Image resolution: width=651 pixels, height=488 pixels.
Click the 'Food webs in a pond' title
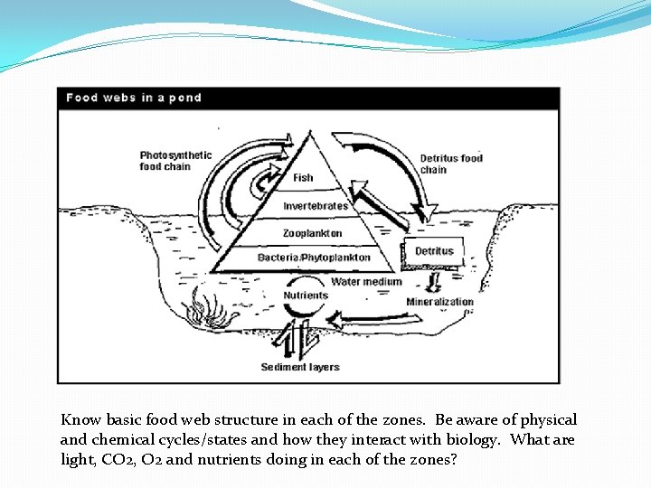click(x=134, y=98)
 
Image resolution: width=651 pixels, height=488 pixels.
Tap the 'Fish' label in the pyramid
click(x=304, y=178)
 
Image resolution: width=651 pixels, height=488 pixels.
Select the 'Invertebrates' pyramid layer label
click(x=315, y=206)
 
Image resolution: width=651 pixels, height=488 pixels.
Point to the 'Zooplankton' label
click(x=314, y=232)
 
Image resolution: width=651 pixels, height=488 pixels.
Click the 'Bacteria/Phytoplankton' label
click(x=314, y=258)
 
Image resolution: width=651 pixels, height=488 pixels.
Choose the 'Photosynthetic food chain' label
click(x=175, y=161)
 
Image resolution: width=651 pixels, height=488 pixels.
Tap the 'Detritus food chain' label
click(x=451, y=164)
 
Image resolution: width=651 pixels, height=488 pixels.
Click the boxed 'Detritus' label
click(x=435, y=251)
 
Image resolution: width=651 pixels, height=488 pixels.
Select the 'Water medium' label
click(x=366, y=282)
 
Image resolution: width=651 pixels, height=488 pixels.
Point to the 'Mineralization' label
click(x=439, y=302)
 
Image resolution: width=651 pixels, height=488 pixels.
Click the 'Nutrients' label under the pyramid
click(x=306, y=296)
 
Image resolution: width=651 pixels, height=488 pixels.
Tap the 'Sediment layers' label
click(x=300, y=367)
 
